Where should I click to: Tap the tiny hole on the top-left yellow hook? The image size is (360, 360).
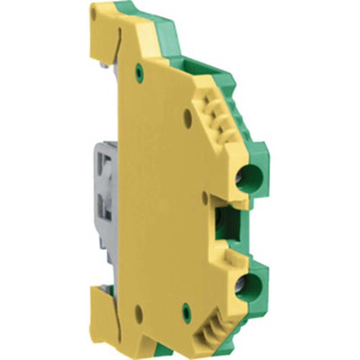tap(94, 14)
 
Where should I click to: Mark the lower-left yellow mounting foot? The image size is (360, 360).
tap(103, 317)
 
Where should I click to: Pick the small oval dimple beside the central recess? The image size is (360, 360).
tap(205, 198)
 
